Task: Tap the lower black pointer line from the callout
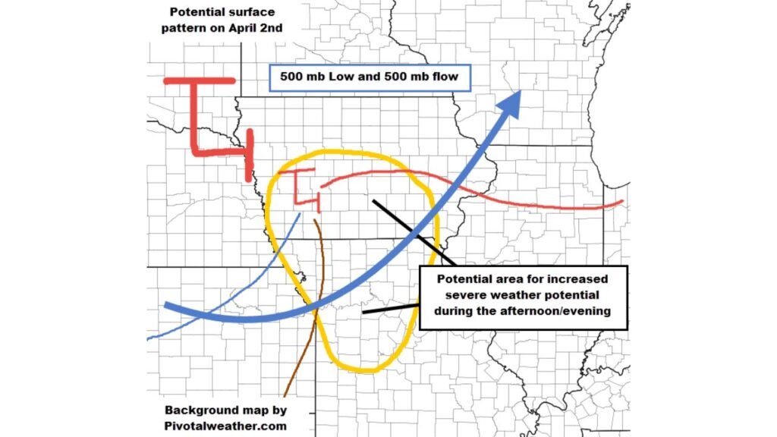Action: tap(390, 309)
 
